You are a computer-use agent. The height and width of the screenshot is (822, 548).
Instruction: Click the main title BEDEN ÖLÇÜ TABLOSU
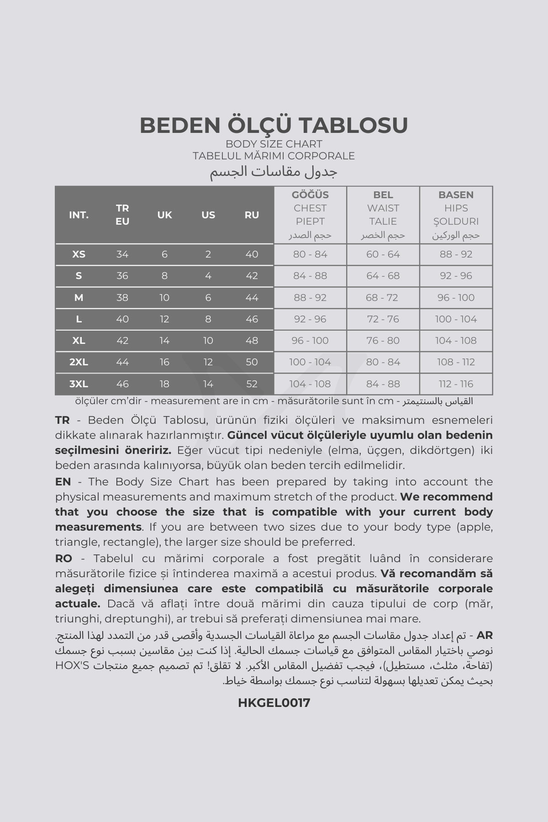tap(274, 125)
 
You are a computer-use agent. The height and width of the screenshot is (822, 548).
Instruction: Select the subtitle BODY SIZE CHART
tap(274, 144)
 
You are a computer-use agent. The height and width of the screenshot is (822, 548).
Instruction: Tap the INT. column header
tap(79, 215)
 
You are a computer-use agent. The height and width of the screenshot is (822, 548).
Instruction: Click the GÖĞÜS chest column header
tap(310, 195)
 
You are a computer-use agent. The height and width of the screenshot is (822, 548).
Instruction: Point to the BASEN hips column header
tap(456, 195)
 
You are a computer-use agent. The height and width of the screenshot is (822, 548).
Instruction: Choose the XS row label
tap(79, 254)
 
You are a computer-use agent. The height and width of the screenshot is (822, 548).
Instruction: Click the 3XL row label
tap(79, 384)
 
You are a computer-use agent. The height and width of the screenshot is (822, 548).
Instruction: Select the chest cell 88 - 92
tap(310, 298)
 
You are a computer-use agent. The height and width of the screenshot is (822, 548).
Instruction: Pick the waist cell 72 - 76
tap(383, 319)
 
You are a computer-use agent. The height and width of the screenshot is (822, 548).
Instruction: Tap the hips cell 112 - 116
tap(456, 384)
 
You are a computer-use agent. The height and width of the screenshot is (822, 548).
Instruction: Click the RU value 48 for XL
tap(252, 341)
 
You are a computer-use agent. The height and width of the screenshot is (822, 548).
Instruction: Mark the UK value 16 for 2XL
tap(164, 362)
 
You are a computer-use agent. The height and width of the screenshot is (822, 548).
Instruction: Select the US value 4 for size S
tap(208, 276)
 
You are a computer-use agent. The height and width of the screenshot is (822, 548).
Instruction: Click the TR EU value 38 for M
tap(122, 298)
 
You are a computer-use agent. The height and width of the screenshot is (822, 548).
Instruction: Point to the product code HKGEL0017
tap(274, 703)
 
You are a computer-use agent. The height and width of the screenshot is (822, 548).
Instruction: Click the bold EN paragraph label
tap(63, 482)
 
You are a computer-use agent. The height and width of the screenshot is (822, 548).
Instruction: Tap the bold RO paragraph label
tap(63, 559)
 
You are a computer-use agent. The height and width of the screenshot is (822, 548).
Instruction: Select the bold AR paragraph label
tap(485, 635)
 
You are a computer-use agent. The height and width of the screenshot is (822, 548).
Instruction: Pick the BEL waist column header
tap(383, 195)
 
